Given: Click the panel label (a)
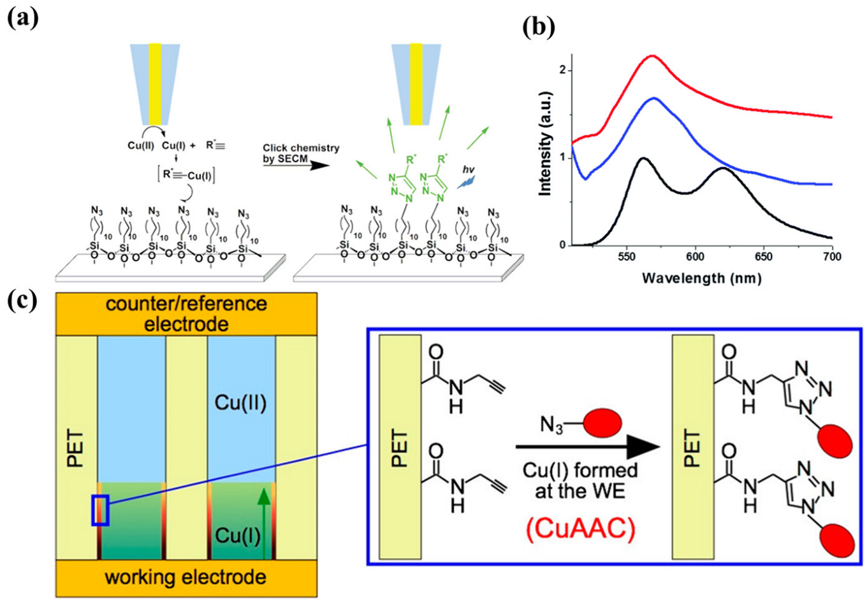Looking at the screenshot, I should [23, 16].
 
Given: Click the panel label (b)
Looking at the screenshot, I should [537, 26].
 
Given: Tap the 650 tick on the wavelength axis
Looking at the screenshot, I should [763, 257].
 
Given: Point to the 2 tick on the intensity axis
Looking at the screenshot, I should [562, 70].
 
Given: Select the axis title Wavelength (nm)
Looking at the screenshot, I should [701, 278].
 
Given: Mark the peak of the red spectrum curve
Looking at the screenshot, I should [652, 56].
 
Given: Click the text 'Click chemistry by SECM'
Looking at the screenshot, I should [300, 153].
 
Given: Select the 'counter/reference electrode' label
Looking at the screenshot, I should [186, 313].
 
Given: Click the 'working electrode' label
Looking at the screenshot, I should [186, 578].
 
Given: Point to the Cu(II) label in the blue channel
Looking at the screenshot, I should [240, 402].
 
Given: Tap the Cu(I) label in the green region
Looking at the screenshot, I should [237, 536].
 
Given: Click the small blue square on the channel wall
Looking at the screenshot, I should [101, 510].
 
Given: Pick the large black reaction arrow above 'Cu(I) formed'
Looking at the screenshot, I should [586, 448].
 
